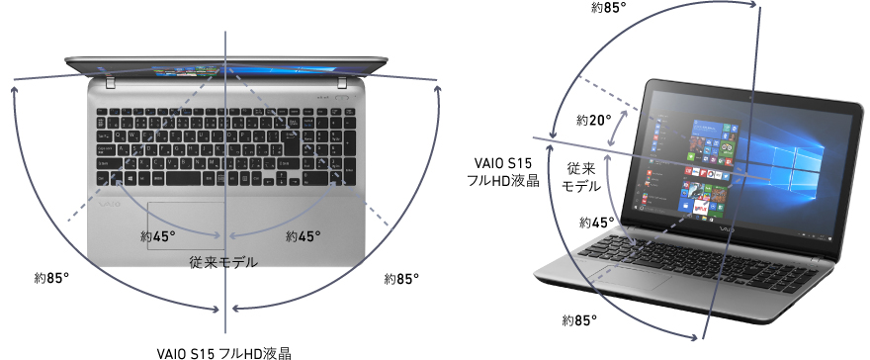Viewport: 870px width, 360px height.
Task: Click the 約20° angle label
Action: (x=595, y=120)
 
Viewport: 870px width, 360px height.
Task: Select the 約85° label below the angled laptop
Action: (x=579, y=320)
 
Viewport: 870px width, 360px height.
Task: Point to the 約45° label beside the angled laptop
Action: (x=596, y=223)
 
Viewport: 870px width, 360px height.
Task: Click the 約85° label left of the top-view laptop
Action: (x=51, y=279)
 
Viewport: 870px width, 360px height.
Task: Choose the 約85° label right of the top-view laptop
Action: (x=402, y=279)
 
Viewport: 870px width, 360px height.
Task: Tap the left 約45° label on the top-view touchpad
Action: (x=158, y=236)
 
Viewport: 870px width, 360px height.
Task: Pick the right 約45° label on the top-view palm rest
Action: (x=304, y=236)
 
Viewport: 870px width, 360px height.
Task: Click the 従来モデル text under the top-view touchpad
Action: (x=224, y=263)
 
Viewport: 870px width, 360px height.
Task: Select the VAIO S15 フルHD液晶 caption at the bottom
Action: (x=224, y=351)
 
